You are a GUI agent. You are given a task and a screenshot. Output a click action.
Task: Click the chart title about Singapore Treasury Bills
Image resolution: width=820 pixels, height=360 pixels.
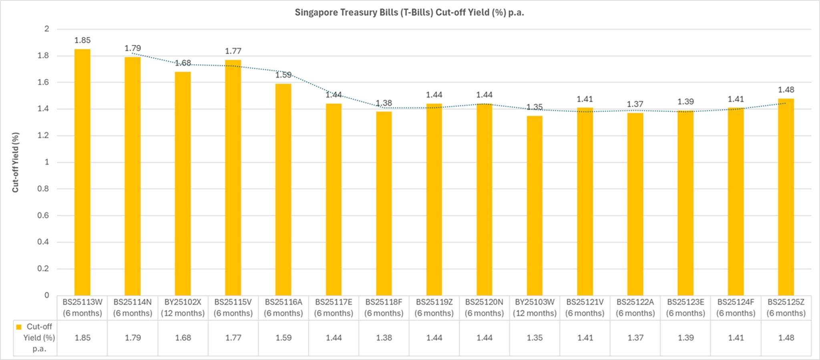(x=409, y=12)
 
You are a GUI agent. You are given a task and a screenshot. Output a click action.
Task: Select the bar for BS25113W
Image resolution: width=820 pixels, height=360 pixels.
(x=82, y=172)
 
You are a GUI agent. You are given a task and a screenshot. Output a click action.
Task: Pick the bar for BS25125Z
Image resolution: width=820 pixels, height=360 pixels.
(x=786, y=197)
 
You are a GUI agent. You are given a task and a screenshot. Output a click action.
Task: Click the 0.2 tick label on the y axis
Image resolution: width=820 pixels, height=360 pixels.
(x=43, y=268)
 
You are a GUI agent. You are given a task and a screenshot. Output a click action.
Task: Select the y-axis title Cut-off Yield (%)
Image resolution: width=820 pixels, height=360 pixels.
(x=16, y=162)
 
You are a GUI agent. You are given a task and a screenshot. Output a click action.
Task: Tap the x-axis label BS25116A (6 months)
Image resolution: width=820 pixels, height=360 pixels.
(x=283, y=308)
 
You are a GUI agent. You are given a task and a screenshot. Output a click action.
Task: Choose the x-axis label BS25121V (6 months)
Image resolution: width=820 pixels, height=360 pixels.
(x=585, y=308)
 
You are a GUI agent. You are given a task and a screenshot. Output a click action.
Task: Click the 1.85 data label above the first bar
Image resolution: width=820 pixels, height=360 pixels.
(x=82, y=40)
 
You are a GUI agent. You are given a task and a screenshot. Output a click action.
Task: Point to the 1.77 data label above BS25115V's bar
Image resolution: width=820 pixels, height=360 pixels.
(x=233, y=51)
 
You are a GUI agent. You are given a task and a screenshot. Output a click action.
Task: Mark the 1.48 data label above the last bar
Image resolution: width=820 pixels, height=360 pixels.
(x=786, y=90)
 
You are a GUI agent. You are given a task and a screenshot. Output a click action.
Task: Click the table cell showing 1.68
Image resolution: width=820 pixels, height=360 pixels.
(x=183, y=338)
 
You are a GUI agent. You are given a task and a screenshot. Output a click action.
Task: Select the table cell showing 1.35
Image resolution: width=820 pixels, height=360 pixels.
(x=535, y=338)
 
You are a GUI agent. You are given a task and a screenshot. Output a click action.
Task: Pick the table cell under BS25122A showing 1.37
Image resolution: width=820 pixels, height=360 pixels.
(x=635, y=338)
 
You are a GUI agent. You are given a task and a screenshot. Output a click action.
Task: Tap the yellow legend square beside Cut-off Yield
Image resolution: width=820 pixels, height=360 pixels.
(x=18, y=327)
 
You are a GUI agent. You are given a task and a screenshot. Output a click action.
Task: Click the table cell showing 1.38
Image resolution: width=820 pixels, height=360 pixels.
(x=384, y=338)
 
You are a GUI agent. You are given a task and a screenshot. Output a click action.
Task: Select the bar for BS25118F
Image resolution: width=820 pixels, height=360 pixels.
(x=384, y=203)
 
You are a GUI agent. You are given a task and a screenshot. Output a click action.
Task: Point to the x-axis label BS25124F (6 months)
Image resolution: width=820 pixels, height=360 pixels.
(x=736, y=308)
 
